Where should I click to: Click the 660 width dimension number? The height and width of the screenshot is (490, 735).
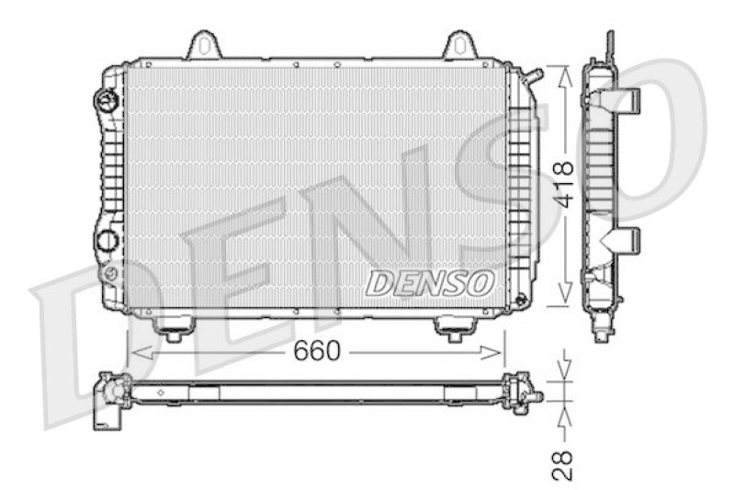point(317,350)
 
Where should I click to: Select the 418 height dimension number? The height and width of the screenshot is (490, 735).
point(562,183)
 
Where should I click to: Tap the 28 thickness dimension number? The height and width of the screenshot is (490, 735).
point(563,464)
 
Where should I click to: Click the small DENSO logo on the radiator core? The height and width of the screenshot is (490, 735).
point(430,283)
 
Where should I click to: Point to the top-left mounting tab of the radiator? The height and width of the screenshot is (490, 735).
point(207,45)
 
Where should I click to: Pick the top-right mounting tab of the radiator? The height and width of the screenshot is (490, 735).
point(459,45)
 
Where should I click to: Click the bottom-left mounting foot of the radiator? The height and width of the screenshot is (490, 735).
point(170,326)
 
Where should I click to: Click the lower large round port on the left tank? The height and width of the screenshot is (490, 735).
point(107,241)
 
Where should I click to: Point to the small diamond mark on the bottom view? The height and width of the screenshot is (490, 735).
point(162,393)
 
